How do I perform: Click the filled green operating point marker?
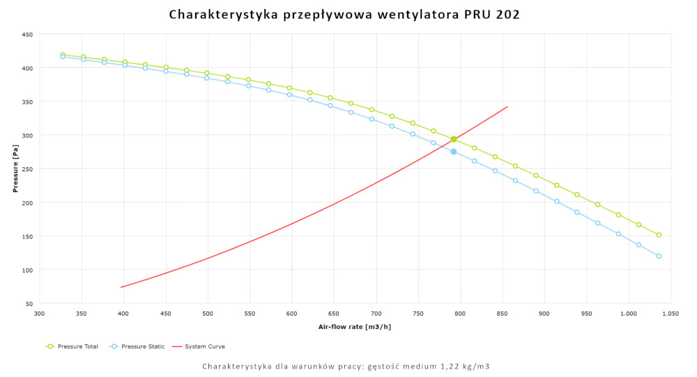[454, 139]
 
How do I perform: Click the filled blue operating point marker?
[454, 151]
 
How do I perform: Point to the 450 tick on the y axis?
[27, 34]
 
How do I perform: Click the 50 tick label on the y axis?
[29, 304]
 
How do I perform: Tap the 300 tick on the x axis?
[40, 314]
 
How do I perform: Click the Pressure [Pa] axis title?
[15, 169]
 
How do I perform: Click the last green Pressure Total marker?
[659, 235]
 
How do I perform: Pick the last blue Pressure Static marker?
[659, 256]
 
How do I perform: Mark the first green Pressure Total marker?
[63, 54]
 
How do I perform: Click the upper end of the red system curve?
[507, 107]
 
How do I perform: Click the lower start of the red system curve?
[121, 287]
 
